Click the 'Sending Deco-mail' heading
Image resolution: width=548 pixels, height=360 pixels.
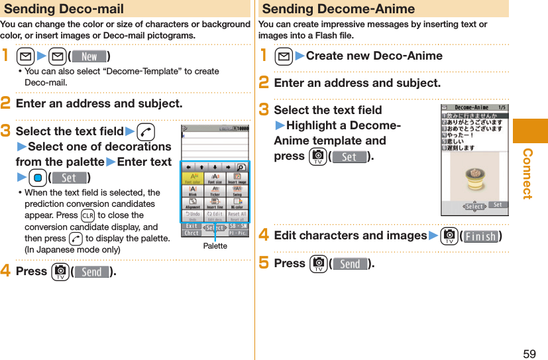(x=64, y=9)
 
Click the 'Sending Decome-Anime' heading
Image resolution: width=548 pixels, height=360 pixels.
(x=339, y=9)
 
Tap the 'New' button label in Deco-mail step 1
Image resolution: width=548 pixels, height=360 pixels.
(x=89, y=56)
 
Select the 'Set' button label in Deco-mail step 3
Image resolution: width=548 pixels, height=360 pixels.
(x=69, y=178)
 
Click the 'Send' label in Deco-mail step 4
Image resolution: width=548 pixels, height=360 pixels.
(x=91, y=272)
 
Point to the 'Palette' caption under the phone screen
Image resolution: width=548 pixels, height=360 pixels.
(x=215, y=246)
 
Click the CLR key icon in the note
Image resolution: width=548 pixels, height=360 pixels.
(x=87, y=215)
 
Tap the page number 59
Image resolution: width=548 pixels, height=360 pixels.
(x=529, y=353)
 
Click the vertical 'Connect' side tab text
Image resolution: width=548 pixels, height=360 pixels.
(x=528, y=174)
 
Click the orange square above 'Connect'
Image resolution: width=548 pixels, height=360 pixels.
(x=531, y=130)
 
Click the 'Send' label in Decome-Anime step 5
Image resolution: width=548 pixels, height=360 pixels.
(x=350, y=264)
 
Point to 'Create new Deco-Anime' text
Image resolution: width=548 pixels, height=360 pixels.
(x=374, y=56)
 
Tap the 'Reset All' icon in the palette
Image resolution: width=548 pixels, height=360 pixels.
(x=237, y=215)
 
